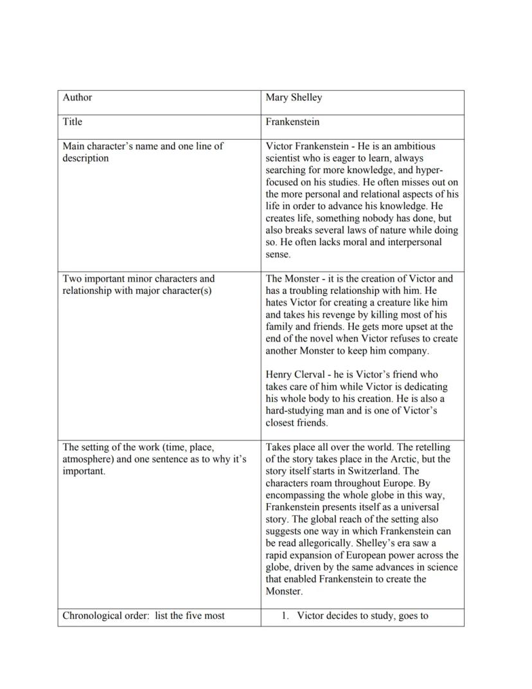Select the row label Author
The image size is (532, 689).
pyautogui.click(x=77, y=98)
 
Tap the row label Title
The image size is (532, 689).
pyautogui.click(x=73, y=122)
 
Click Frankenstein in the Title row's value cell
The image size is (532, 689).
pyautogui.click(x=292, y=122)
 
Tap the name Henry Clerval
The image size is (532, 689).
pyautogui.click(x=295, y=374)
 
